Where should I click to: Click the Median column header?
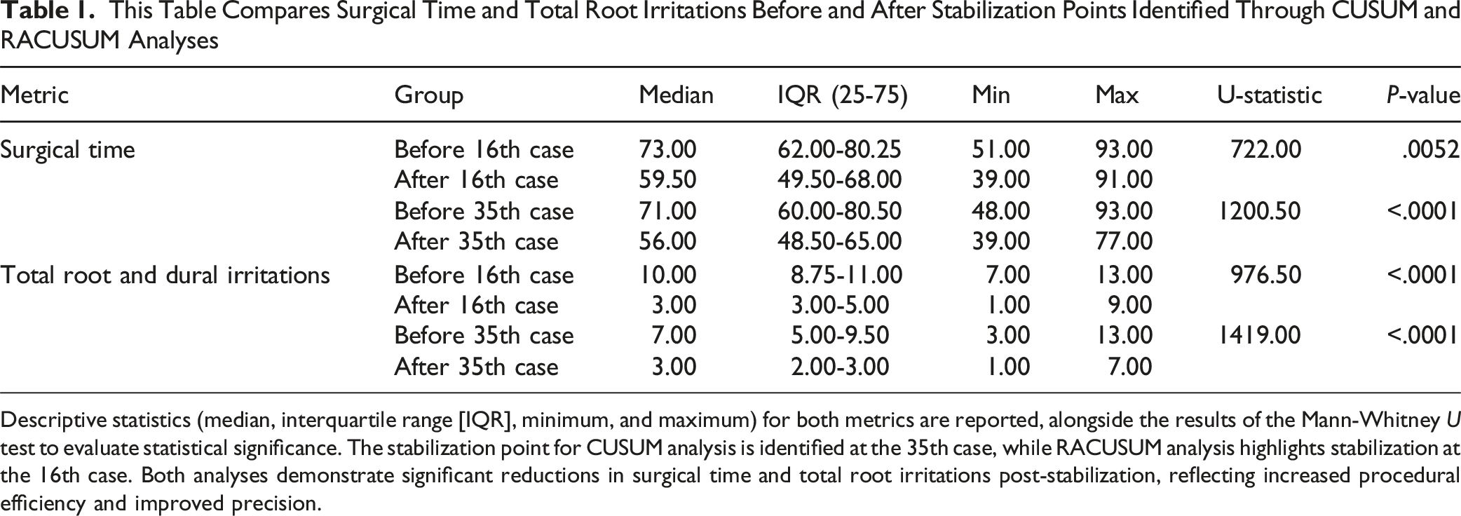point(676,95)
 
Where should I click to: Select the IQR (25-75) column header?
point(842,95)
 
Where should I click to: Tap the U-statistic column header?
point(1269,95)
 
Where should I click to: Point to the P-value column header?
point(1422,95)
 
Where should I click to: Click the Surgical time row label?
point(67,150)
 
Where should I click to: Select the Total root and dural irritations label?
point(165,274)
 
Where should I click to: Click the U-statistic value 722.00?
point(1266,149)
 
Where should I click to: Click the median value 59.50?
point(667,180)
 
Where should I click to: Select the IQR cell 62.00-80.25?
point(839,149)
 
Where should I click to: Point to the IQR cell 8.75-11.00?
point(846,274)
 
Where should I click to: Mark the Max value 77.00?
point(1124,242)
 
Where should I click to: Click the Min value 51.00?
point(1001,149)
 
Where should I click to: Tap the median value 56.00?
point(667,242)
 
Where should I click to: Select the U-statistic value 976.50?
point(1266,274)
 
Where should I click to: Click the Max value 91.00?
point(1124,180)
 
